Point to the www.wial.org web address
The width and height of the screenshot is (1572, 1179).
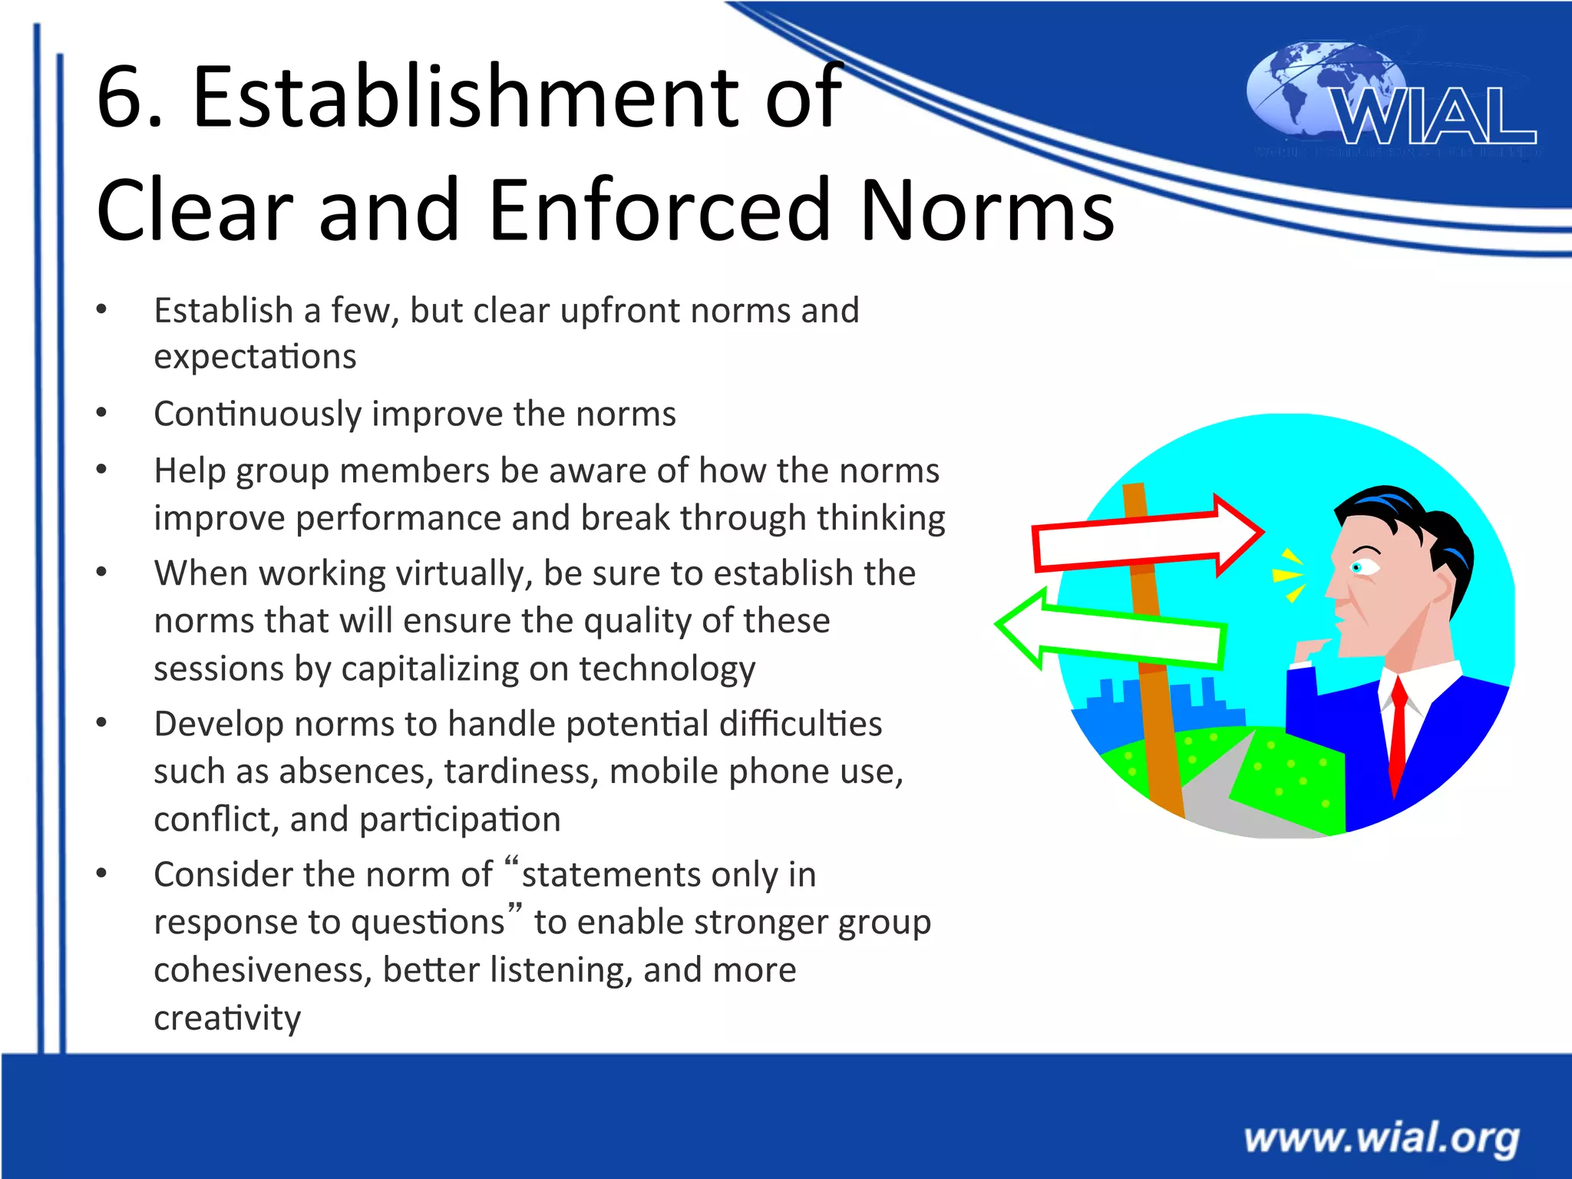(x=1382, y=1138)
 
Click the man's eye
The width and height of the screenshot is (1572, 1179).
(x=1357, y=567)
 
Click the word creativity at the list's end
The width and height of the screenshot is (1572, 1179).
(x=227, y=1019)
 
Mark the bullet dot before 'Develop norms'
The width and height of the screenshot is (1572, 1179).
(x=101, y=722)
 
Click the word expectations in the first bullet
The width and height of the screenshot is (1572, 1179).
(x=255, y=357)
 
